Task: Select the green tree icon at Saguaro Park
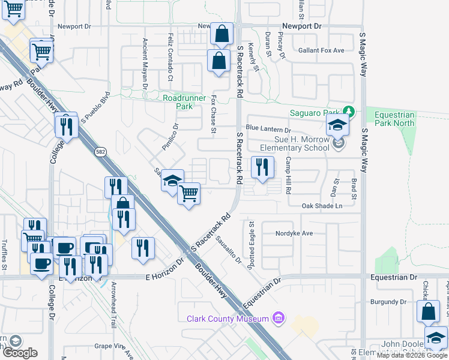(348, 112)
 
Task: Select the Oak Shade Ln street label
(322, 206)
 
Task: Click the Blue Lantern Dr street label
(268, 129)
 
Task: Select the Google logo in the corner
(19, 352)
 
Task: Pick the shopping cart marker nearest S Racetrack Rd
(188, 193)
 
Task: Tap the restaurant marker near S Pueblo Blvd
(66, 126)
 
